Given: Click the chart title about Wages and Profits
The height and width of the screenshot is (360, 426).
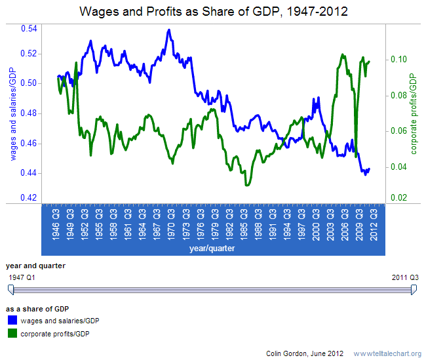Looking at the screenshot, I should click(213, 11).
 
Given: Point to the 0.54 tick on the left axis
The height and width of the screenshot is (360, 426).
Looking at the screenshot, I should click(28, 28).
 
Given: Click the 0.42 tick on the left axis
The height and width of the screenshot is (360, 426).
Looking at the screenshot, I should click(28, 197).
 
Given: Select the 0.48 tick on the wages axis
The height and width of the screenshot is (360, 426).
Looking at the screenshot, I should click(28, 113).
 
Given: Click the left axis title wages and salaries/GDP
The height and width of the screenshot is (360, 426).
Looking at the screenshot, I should click(12, 113).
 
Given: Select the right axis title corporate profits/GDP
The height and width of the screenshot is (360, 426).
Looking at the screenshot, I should click(414, 113).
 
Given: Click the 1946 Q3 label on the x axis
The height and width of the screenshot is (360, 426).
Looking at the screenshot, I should click(56, 223).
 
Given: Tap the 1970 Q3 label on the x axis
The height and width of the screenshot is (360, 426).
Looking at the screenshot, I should click(170, 223).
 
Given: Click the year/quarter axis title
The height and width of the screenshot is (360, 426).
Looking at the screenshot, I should click(212, 249).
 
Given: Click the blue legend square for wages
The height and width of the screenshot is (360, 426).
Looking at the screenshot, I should click(12, 321).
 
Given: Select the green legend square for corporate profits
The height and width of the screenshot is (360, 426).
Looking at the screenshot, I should click(12, 334).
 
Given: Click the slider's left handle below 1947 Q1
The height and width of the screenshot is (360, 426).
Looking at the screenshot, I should click(10, 290).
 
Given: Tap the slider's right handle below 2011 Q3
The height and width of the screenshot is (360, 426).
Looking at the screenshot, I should click(414, 290).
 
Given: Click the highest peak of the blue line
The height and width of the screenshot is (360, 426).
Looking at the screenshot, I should click(169, 30).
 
